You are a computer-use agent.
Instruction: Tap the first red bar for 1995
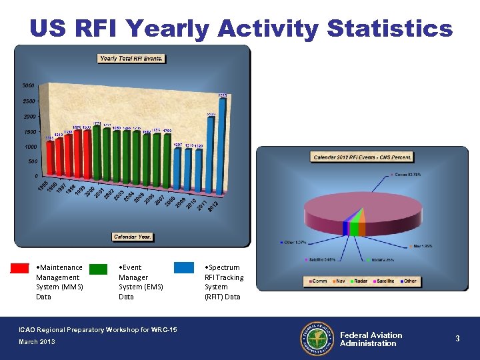(49, 159)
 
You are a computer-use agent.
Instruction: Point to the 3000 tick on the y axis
(28, 86)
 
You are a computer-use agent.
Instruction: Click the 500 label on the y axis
(32, 161)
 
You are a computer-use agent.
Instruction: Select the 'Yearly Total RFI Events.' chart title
(131, 59)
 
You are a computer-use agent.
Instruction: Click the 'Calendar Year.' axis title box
(133, 237)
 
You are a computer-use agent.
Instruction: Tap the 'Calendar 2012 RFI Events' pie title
(362, 157)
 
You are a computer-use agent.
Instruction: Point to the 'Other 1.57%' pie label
(293, 242)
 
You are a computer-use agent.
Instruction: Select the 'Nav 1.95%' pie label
(421, 246)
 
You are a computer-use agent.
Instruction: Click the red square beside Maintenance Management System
(20, 269)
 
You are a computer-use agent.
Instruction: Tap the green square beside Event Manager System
(98, 269)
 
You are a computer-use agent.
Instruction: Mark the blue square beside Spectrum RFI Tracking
(184, 268)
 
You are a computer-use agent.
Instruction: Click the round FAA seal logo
(316, 339)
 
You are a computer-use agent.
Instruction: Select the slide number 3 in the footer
(457, 339)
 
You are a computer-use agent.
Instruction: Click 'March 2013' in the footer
(37, 342)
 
